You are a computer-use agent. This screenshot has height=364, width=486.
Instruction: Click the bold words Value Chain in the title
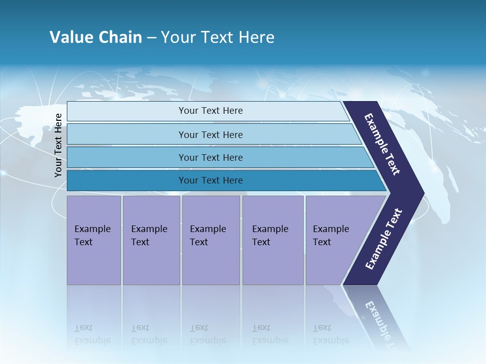pos(96,37)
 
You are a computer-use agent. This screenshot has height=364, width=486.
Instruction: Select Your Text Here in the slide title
pos(218,37)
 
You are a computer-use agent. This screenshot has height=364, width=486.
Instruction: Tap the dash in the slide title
pos(151,38)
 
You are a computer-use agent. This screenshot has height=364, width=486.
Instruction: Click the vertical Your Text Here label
pos(58,145)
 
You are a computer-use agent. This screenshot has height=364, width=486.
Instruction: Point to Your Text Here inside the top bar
pos(211,111)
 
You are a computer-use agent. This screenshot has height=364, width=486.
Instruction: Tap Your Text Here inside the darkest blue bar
pos(211,180)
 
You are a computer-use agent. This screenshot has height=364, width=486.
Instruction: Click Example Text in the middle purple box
pos(208,236)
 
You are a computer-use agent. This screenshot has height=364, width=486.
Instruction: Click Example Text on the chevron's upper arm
pos(382,144)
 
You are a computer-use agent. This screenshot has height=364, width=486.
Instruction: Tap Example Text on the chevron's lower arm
pos(384,239)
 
